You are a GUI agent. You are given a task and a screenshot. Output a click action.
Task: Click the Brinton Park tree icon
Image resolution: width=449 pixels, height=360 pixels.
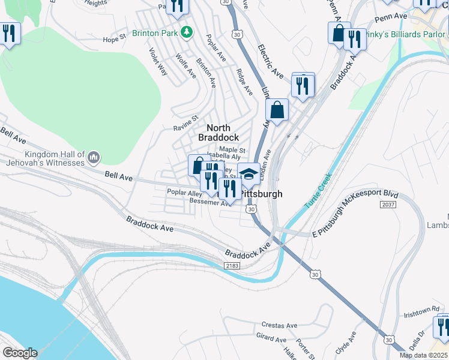187,31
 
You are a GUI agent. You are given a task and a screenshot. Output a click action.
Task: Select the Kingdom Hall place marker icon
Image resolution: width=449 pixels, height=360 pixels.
93,158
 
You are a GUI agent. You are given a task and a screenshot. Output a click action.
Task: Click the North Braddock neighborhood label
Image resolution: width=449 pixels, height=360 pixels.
223,133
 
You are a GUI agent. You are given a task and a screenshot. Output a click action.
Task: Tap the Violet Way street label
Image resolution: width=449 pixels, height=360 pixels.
158,61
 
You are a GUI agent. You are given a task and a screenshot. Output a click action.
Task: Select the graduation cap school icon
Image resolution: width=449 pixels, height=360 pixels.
249,174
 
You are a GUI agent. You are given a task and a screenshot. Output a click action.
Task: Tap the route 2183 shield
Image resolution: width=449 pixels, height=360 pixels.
232,265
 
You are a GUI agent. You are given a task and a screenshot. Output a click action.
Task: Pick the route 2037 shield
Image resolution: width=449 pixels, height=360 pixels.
388,205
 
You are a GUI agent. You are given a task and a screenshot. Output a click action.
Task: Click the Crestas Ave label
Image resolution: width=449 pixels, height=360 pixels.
279,325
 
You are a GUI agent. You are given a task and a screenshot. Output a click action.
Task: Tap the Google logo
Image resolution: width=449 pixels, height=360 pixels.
20,353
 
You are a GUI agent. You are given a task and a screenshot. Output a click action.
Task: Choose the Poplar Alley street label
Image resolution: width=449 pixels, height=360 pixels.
184,193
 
